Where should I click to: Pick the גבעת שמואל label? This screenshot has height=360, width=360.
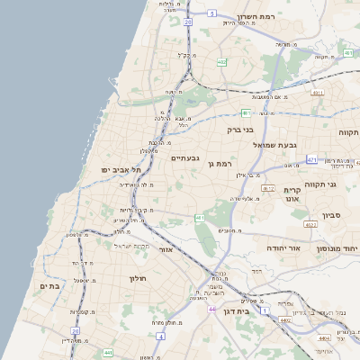click(x=274, y=144)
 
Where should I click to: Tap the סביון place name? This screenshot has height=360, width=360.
click(x=332, y=217)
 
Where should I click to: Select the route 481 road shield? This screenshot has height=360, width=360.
click(x=246, y=113)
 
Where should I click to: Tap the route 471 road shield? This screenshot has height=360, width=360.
click(x=312, y=159)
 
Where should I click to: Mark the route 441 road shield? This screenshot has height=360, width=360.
click(x=108, y=354)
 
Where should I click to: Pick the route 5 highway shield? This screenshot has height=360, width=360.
click(x=211, y=13)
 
